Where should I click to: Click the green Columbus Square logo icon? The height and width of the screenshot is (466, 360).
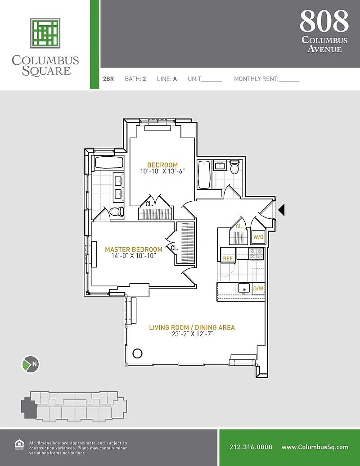[x=45, y=33]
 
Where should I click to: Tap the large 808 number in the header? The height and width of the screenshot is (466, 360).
[x=324, y=21]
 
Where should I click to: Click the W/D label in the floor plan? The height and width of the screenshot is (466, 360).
[x=258, y=237]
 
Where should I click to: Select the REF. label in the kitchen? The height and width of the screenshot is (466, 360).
[x=229, y=258]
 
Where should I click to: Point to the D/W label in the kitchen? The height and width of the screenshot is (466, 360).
[x=258, y=288]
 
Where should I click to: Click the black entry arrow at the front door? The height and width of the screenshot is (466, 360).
[x=281, y=210]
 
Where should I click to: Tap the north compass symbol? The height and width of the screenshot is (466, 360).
[x=31, y=364]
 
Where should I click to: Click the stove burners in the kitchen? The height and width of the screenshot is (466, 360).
[x=256, y=254]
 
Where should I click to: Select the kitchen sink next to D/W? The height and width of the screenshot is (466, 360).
[x=243, y=288]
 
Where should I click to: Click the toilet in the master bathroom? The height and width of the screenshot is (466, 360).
[x=117, y=212]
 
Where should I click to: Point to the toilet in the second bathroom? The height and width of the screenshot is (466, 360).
[x=234, y=167]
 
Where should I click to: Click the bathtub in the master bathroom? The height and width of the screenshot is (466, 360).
[x=109, y=163]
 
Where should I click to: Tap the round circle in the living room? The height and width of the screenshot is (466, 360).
[x=137, y=353]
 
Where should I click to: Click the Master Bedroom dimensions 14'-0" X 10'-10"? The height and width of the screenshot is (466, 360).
[x=133, y=256]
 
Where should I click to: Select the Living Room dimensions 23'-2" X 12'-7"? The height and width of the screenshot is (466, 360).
[x=193, y=334]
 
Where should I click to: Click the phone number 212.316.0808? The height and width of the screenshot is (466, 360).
[x=251, y=447]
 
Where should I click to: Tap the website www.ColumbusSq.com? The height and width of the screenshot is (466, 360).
[x=315, y=447]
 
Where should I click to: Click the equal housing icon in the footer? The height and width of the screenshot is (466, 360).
[x=19, y=444]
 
